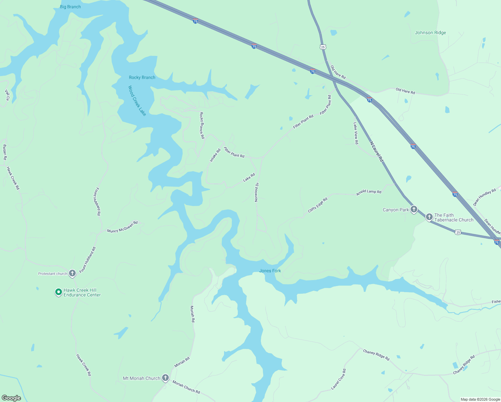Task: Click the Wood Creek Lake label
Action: click(x=137, y=101)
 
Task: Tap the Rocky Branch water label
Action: click(x=142, y=77)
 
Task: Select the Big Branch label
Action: click(x=70, y=7)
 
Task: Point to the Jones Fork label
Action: click(x=270, y=271)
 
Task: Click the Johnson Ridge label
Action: click(x=430, y=32)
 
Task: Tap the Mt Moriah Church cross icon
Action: click(x=165, y=378)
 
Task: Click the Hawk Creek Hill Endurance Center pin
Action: click(x=59, y=292)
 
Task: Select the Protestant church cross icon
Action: click(x=72, y=273)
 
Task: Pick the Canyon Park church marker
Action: click(x=414, y=209)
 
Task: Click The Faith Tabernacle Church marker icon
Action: click(x=429, y=217)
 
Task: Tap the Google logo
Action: click(x=11, y=398)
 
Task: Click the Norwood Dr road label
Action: click(x=257, y=192)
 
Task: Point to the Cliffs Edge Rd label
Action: click(x=317, y=205)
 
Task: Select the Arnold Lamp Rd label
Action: click(x=369, y=192)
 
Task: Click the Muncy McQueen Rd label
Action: click(x=122, y=227)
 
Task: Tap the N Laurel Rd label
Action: click(x=376, y=152)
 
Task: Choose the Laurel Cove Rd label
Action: click(x=339, y=379)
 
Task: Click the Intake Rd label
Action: click(x=215, y=155)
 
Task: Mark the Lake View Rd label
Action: click(x=356, y=133)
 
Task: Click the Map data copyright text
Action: click(x=480, y=399)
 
